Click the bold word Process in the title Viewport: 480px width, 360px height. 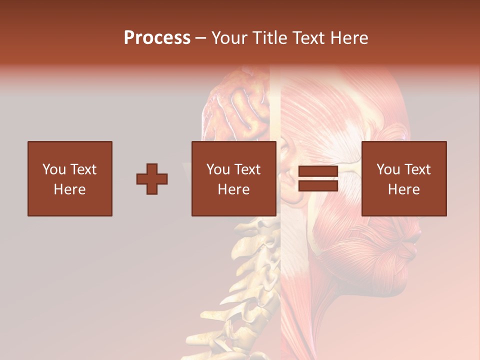[x=157, y=38]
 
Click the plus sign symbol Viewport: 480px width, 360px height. [x=152, y=179]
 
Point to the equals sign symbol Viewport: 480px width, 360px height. [x=318, y=179]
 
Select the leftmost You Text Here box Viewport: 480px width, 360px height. [x=70, y=179]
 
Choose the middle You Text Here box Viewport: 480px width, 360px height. [x=234, y=179]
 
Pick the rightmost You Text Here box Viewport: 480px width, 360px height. [x=404, y=179]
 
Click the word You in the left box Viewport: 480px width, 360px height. [x=54, y=169]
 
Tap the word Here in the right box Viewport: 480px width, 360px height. [x=404, y=189]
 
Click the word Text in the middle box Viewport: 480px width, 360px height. [x=247, y=169]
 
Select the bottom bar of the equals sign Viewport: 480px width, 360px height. [x=318, y=186]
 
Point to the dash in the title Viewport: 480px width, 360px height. [x=201, y=38]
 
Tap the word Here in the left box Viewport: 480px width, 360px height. [x=70, y=189]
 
